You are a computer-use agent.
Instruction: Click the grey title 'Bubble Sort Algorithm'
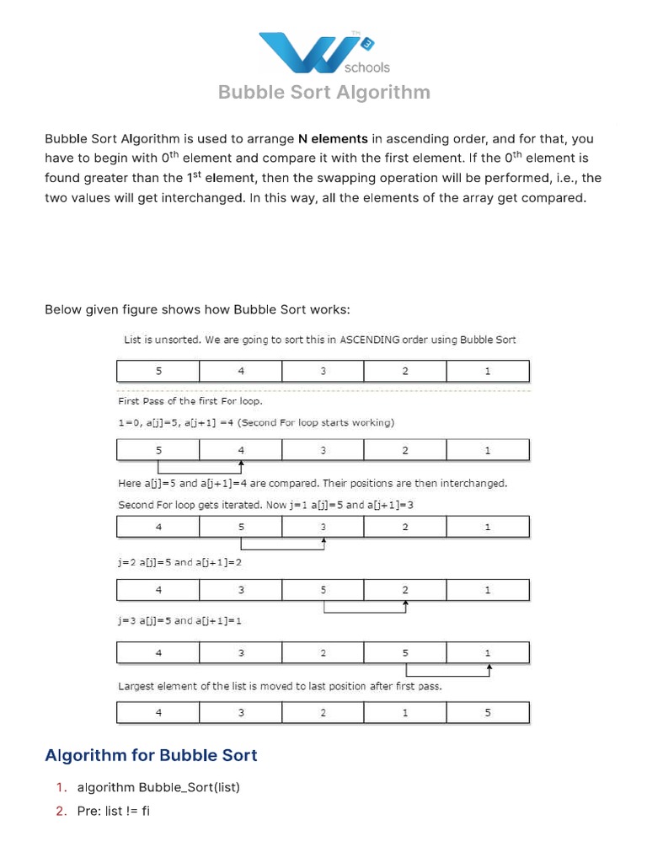point(324,92)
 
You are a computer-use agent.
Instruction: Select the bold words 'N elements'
point(333,139)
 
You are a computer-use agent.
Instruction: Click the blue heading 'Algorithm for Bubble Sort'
point(151,755)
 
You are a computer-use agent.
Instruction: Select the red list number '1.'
point(61,787)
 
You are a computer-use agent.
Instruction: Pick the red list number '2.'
point(61,811)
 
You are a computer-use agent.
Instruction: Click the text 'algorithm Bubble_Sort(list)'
point(158,787)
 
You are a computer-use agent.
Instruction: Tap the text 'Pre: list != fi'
point(114,811)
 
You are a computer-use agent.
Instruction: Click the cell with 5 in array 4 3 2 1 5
point(488,713)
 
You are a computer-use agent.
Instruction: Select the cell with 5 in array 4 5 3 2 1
point(241,527)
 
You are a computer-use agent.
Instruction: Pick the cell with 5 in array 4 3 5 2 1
point(323,590)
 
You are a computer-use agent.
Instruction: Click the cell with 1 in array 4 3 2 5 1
point(488,652)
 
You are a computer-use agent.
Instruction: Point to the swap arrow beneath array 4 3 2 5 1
point(448,673)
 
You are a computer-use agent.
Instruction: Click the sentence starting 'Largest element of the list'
point(280,686)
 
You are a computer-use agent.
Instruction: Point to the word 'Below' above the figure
point(62,310)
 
